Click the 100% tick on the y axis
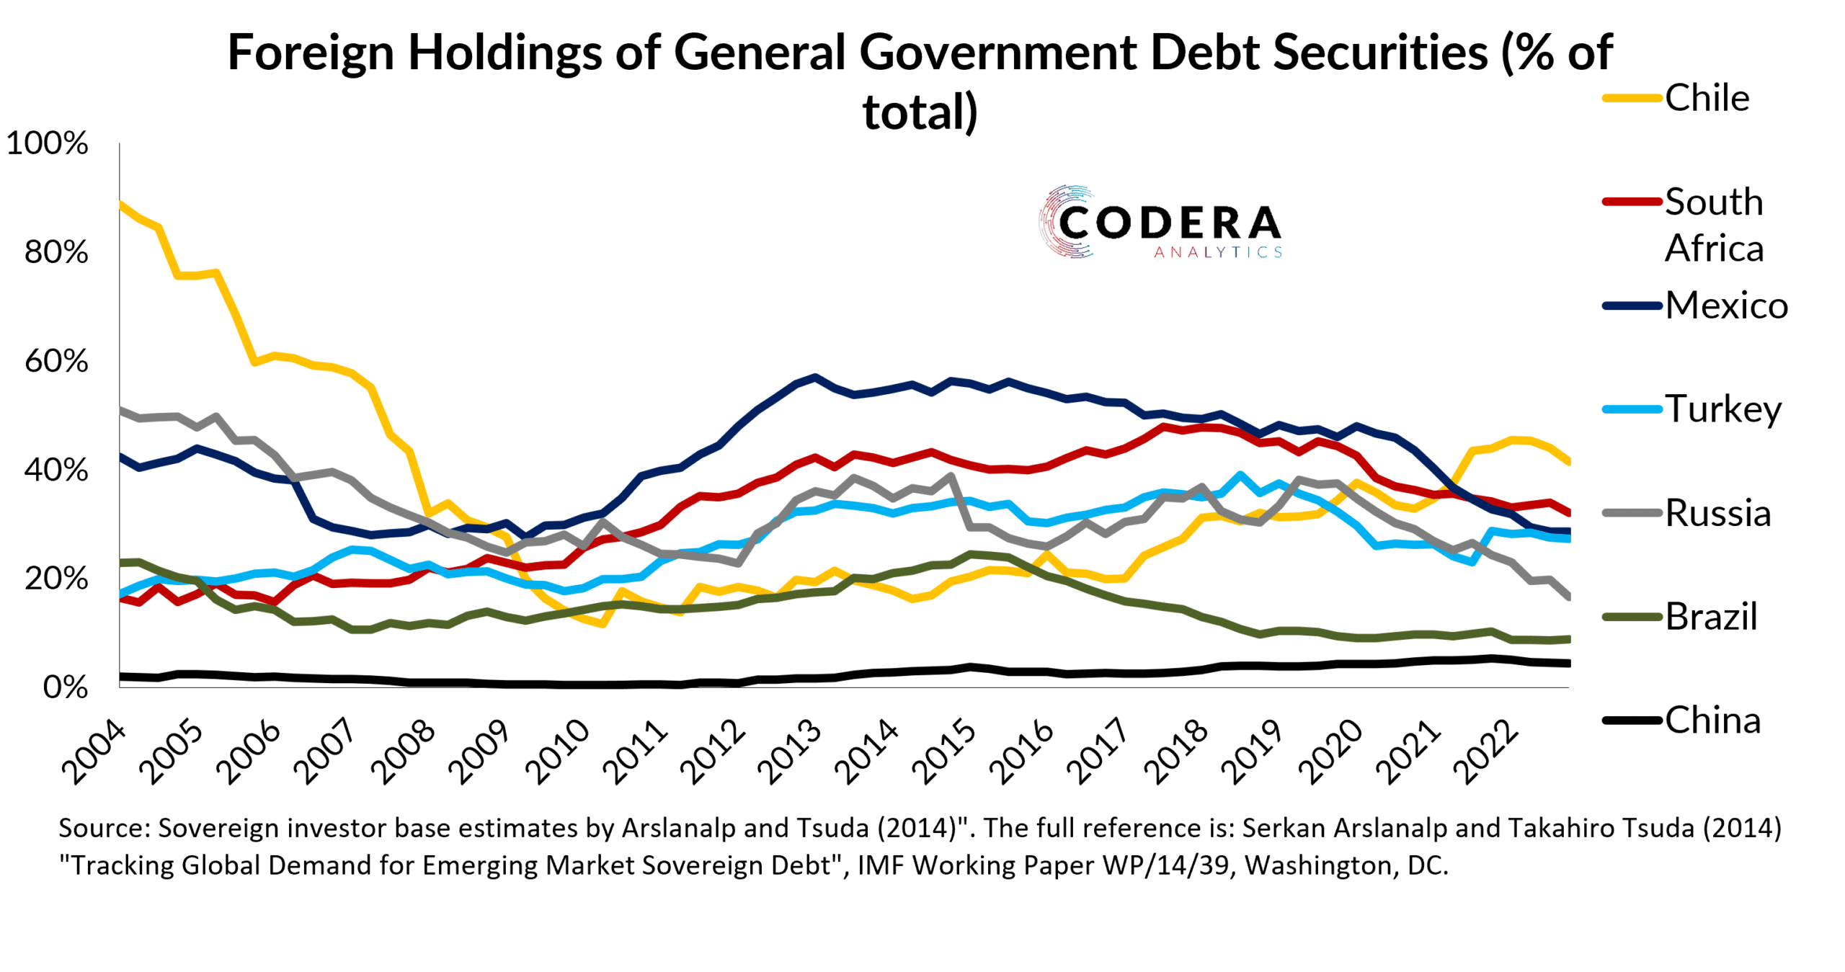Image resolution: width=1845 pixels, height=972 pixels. (48, 143)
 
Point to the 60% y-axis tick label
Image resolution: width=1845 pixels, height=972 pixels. (56, 361)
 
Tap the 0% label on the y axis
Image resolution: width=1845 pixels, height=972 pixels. (66, 687)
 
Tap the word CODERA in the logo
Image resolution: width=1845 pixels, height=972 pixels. (1169, 223)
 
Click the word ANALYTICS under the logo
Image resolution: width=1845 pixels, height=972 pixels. (1218, 252)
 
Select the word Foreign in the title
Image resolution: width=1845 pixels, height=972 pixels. (311, 52)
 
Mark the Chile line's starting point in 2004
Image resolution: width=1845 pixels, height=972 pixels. (120, 203)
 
